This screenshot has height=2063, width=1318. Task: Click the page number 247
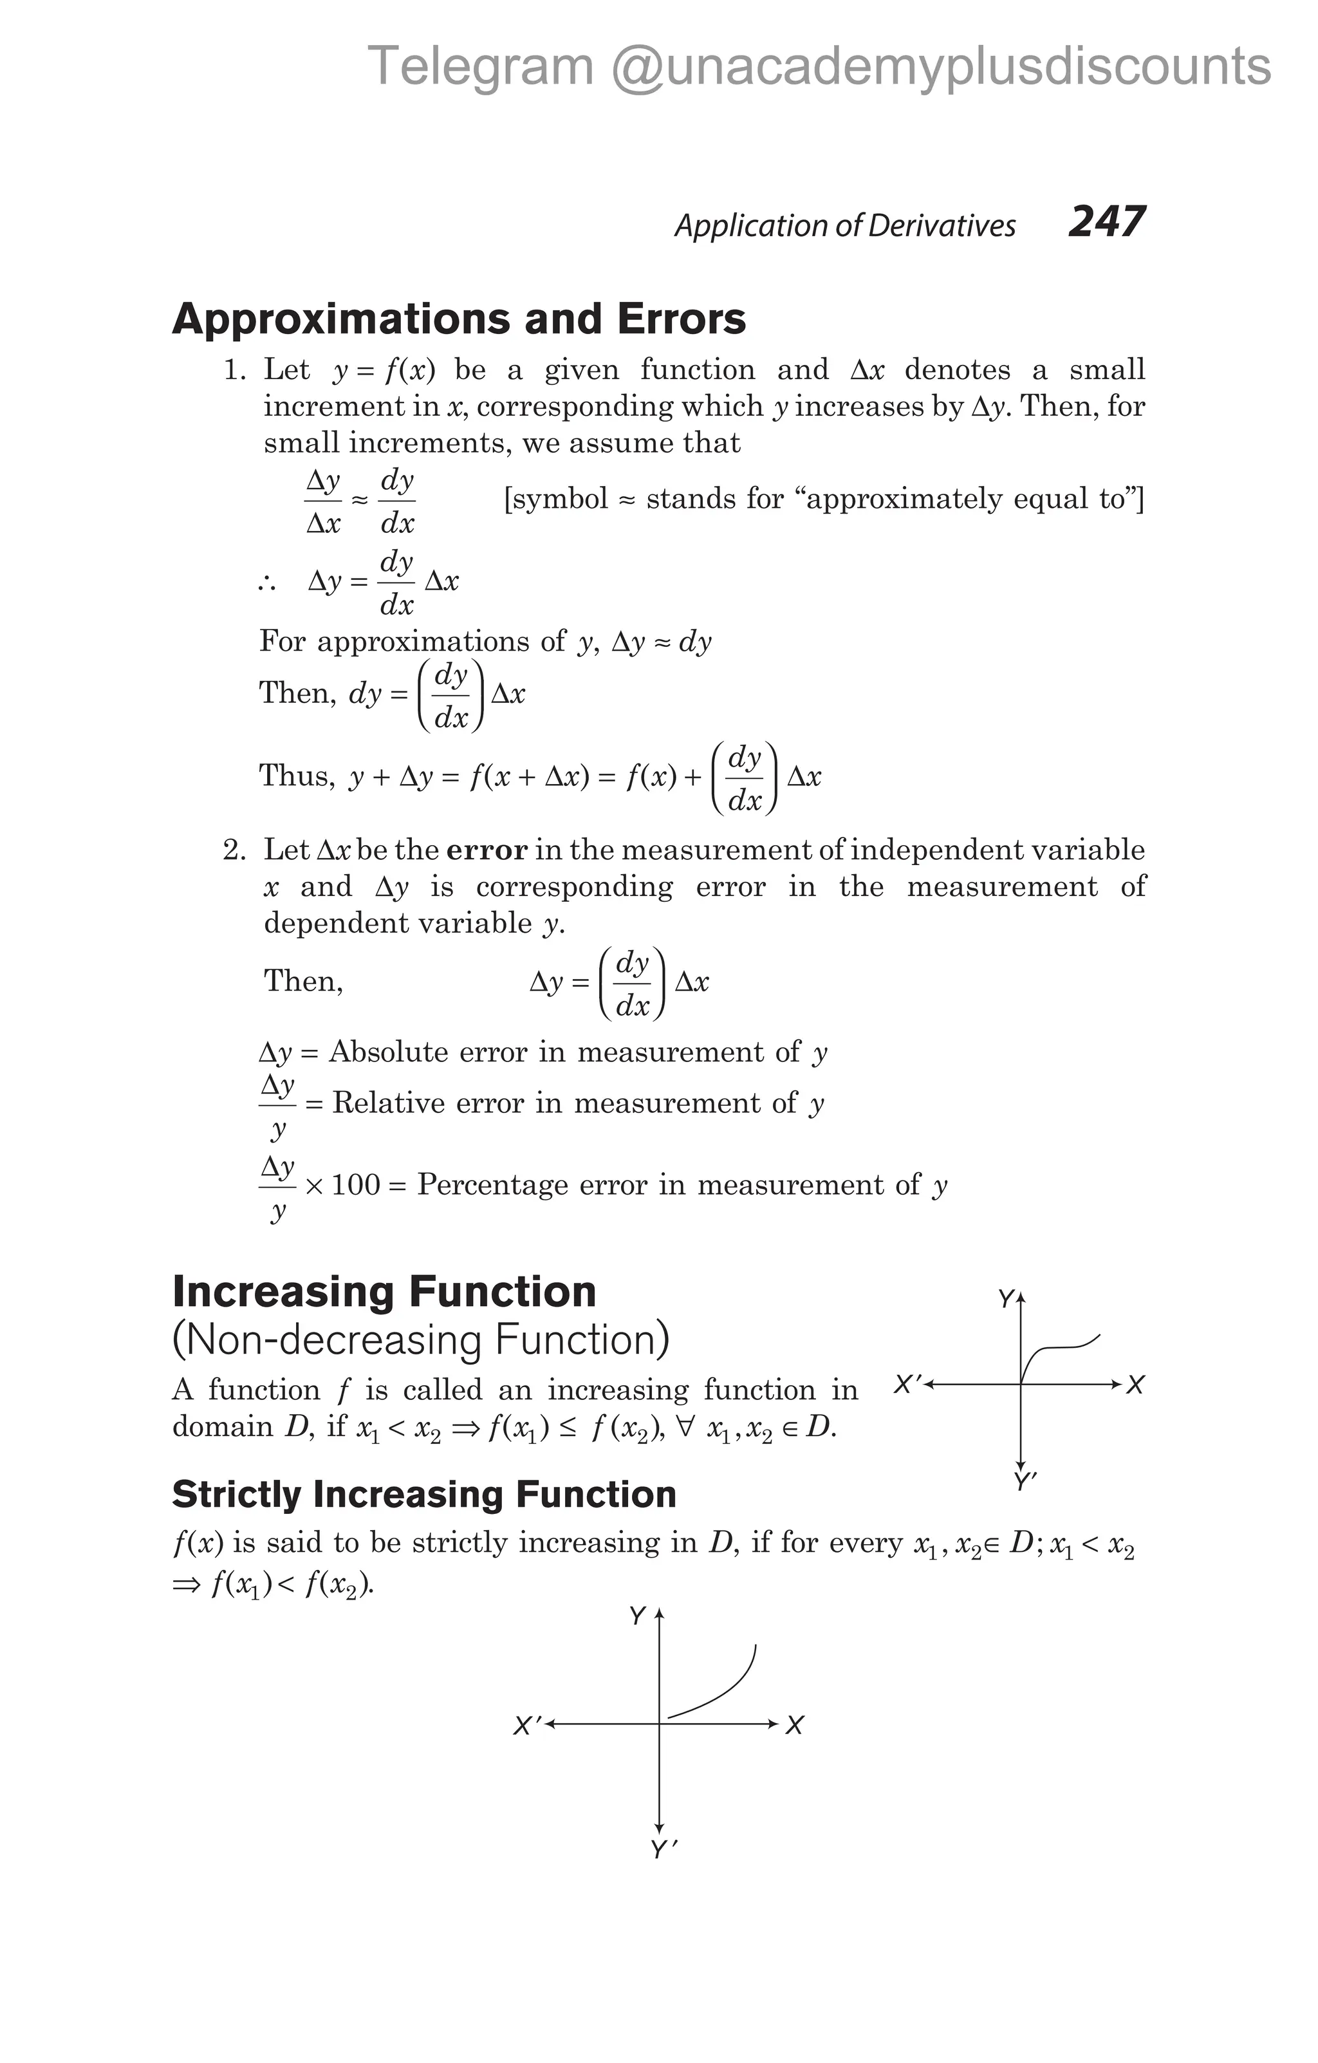1106,222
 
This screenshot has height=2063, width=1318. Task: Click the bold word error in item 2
487,850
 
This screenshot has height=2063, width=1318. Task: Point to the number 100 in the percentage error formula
355,1186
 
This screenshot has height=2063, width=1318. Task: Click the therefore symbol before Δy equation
266,583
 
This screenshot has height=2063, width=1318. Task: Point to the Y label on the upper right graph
1005,1300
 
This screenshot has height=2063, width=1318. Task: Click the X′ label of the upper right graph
907,1384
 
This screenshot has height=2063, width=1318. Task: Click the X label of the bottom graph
794,1726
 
